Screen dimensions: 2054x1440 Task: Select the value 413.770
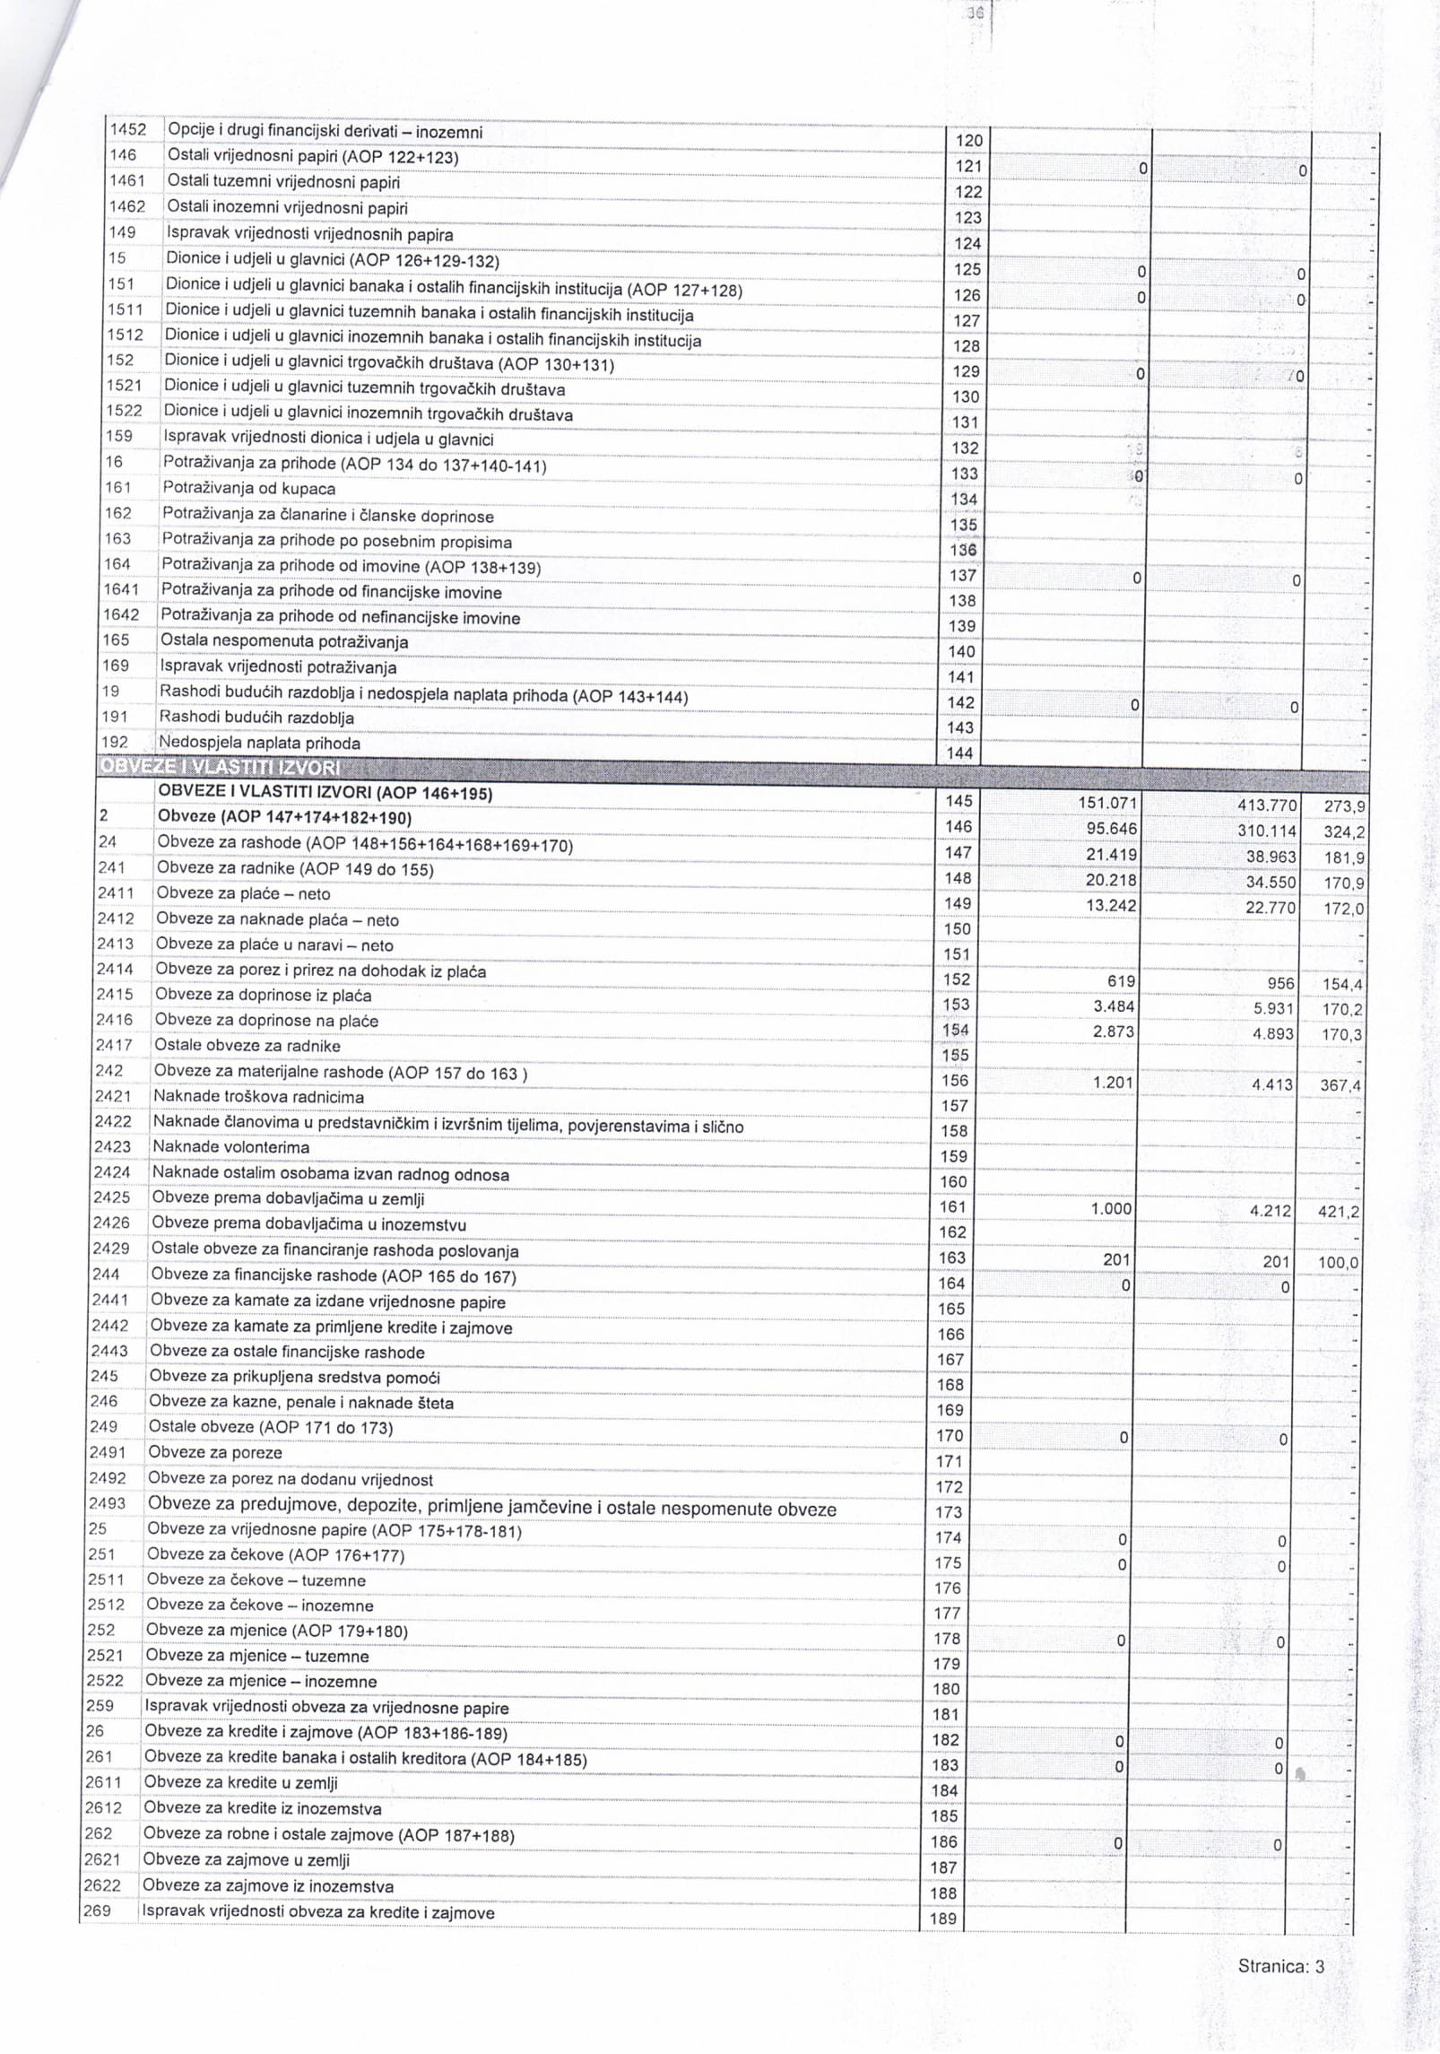[1266, 805]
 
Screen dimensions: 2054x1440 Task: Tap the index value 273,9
[1345, 806]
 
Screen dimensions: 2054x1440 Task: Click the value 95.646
[1112, 829]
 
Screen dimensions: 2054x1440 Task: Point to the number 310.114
[1267, 831]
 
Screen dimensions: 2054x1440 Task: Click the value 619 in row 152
[1121, 981]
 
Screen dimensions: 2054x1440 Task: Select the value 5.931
[1274, 1009]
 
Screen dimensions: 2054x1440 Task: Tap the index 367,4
[1340, 1086]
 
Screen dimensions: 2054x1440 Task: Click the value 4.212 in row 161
[1271, 1211]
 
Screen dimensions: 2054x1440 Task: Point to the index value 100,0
[1339, 1263]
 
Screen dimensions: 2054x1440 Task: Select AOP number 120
[969, 141]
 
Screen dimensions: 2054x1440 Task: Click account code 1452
[127, 130]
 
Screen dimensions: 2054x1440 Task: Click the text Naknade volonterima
[230, 1147]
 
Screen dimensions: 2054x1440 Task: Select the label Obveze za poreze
[215, 1452]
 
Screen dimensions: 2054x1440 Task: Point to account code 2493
[107, 1502]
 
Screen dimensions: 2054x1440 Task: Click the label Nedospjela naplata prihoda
[259, 743]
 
